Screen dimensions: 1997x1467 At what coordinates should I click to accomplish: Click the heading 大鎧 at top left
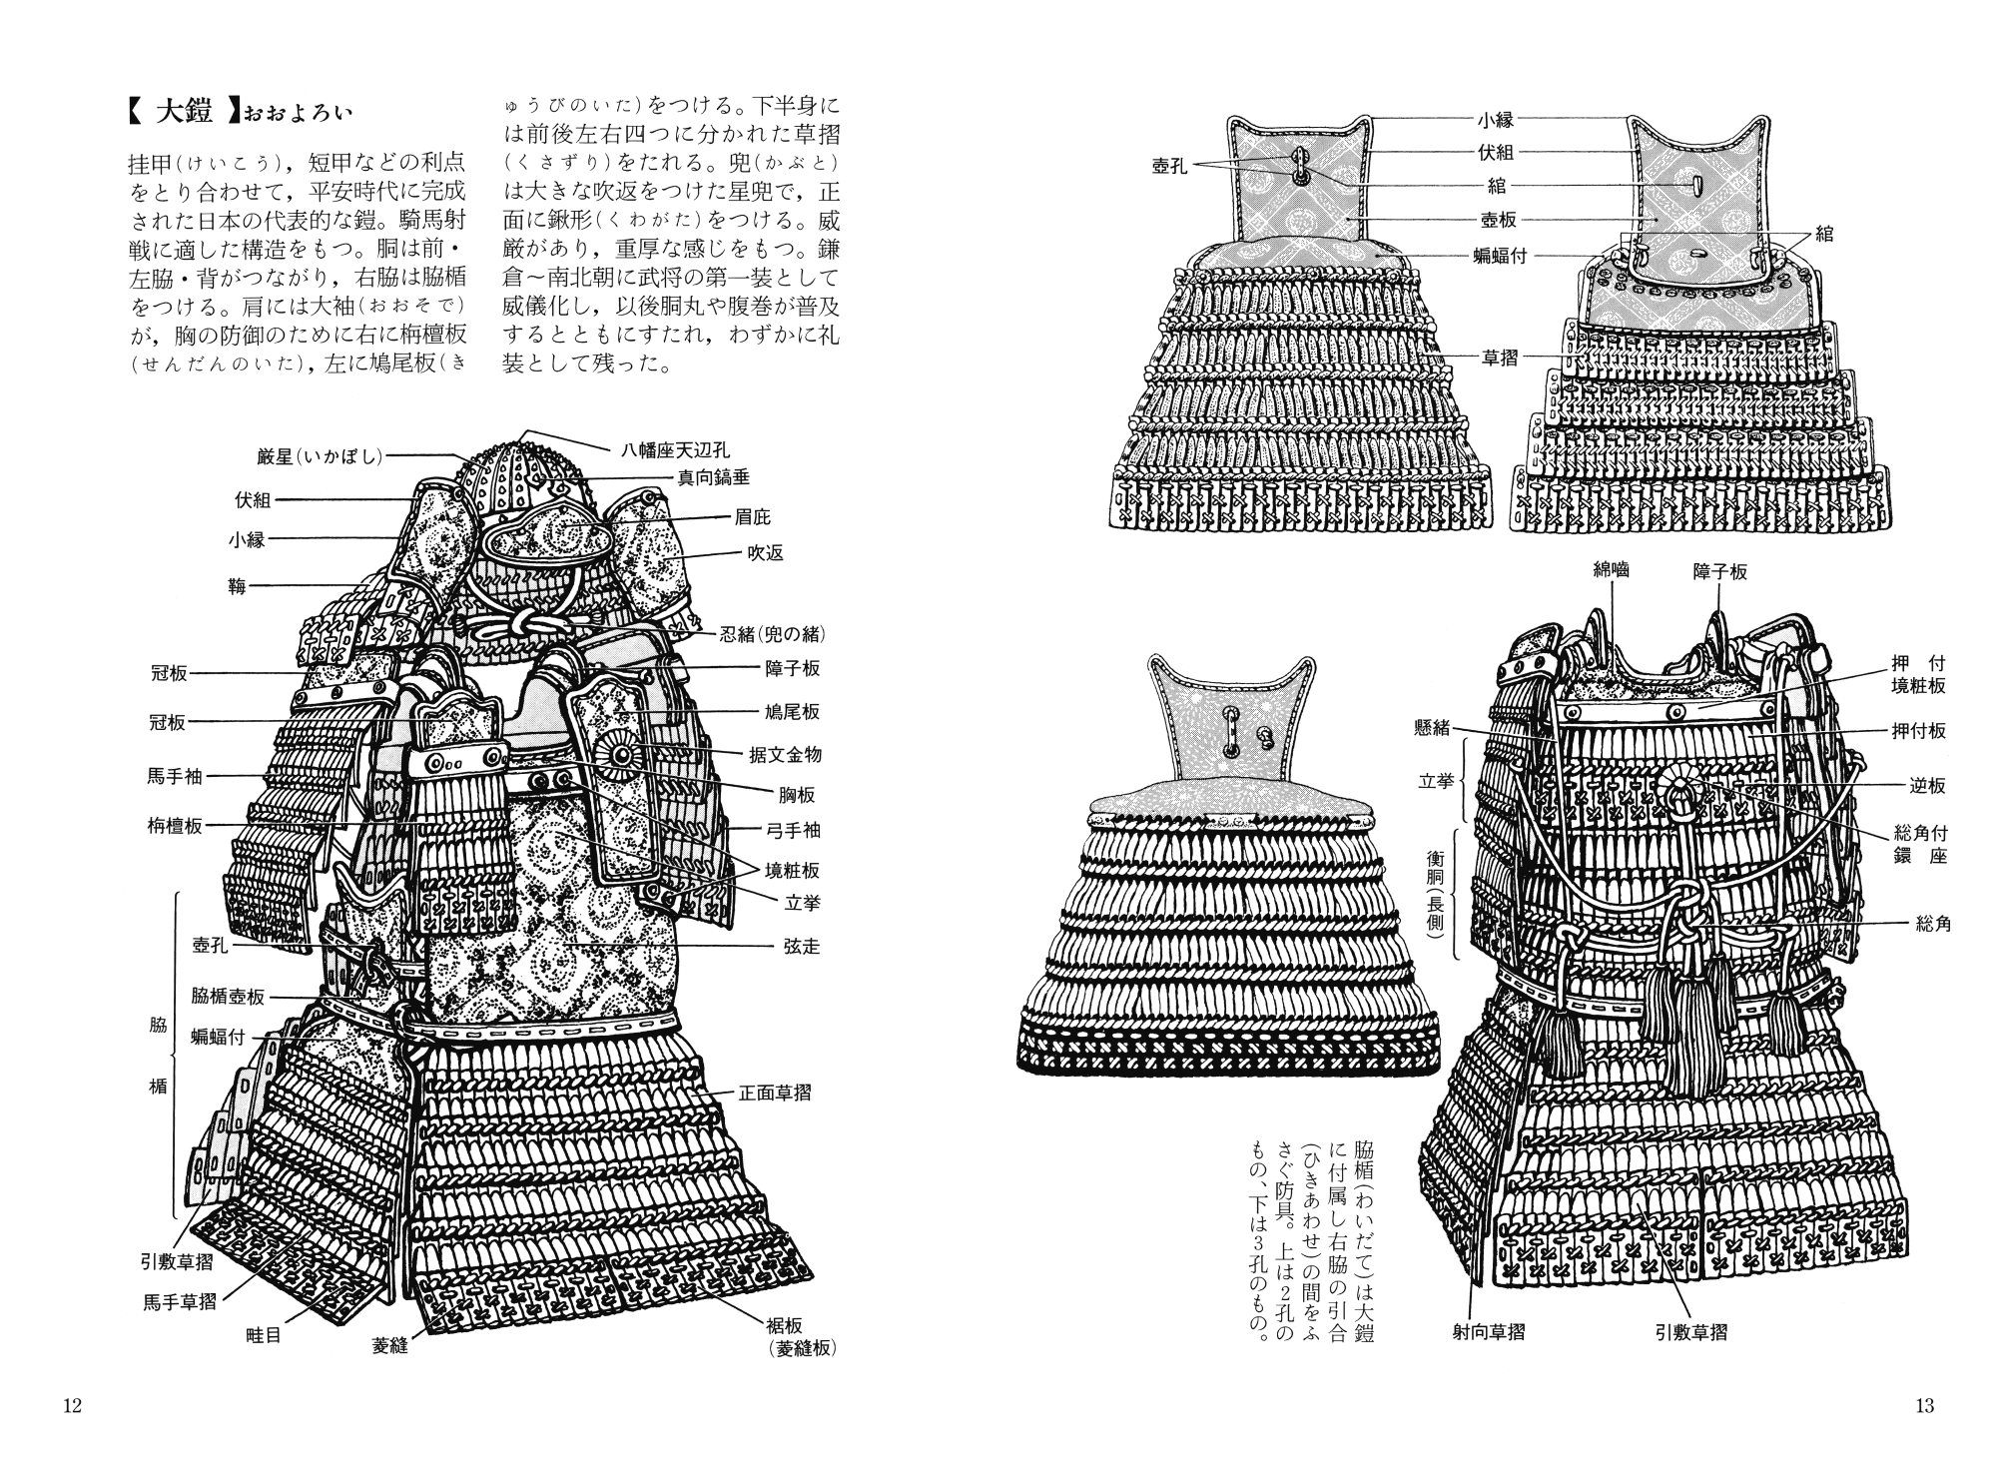pos(186,111)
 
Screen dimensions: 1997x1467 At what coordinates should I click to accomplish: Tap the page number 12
pos(72,1406)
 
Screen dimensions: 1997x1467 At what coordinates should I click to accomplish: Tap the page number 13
pos(1924,1406)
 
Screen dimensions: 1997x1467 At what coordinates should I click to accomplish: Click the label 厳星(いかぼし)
pos(320,456)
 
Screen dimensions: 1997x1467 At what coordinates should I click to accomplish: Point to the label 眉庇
pos(753,517)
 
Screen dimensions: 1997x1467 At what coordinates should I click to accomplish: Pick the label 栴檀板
pos(175,826)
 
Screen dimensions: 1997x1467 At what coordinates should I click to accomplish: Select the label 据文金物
pos(785,754)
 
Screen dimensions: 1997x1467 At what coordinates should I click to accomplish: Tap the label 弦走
pos(801,945)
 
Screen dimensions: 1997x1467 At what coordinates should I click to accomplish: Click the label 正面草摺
pos(774,1093)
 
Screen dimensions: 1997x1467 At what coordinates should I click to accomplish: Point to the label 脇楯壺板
pos(229,997)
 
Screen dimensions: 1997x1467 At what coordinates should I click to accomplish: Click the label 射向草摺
pos(1488,1331)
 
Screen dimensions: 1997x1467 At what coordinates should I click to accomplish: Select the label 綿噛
pos(1612,569)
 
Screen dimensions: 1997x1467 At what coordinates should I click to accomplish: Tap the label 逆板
pos(1927,786)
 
